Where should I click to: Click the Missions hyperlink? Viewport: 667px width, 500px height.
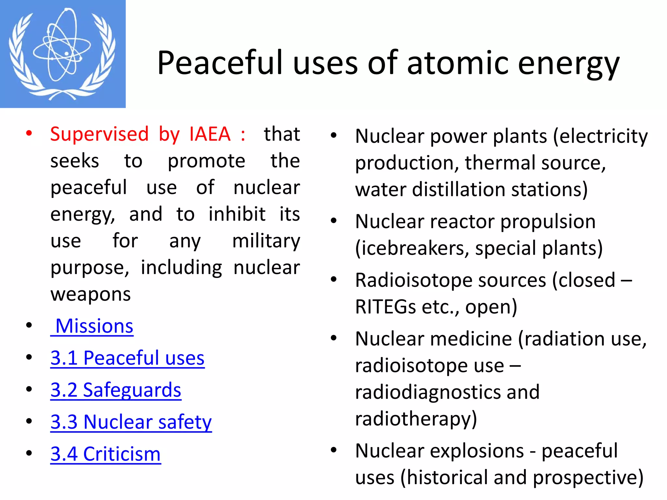click(x=94, y=326)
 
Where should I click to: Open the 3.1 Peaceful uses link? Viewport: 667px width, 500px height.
click(x=127, y=358)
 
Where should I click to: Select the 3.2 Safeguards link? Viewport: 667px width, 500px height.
click(x=116, y=390)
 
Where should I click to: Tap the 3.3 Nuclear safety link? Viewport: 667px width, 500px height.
click(x=131, y=422)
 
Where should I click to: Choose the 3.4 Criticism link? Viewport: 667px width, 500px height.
click(x=106, y=454)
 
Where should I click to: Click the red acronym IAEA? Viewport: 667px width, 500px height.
click(x=210, y=134)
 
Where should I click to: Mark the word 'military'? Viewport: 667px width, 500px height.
click(x=266, y=241)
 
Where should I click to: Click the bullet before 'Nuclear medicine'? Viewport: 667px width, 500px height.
click(x=333, y=338)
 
